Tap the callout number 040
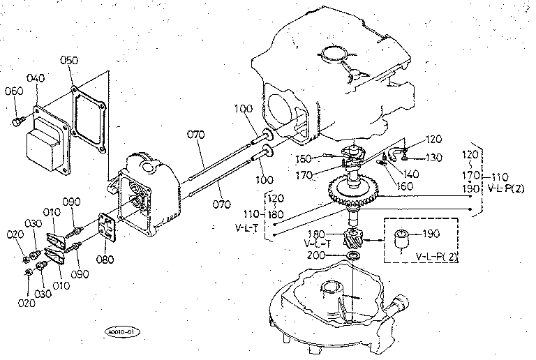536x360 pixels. click(36, 78)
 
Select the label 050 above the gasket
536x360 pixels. click(68, 61)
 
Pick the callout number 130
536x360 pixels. click(433, 158)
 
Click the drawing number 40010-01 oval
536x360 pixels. click(121, 331)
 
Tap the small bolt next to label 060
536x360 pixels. click(15, 123)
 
